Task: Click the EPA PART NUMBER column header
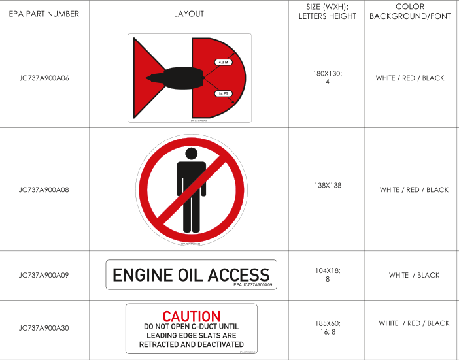[x=44, y=14]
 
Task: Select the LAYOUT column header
[x=188, y=14]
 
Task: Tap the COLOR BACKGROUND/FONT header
[x=410, y=12]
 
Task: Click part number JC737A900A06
[x=44, y=78]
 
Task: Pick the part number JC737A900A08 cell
[x=44, y=190]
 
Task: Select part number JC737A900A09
[x=44, y=275]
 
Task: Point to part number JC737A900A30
[x=44, y=328]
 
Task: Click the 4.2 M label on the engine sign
[x=222, y=62]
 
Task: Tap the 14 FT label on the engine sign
[x=222, y=94]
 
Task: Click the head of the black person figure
[x=191, y=154]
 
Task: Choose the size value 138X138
[x=327, y=186]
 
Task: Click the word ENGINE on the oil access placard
[x=141, y=275]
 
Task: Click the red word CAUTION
[x=192, y=317]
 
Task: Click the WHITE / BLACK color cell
[x=414, y=275]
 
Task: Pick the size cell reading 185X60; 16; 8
[x=327, y=327]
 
